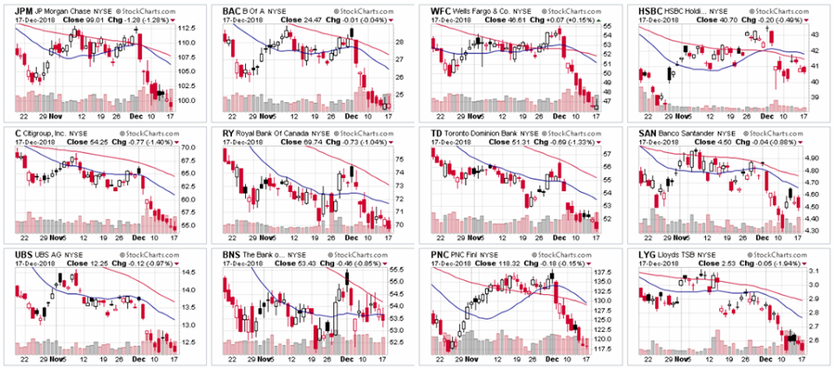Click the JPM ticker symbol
[16, 9]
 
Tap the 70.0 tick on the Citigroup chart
[186, 147]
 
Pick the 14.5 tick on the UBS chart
[186, 272]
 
